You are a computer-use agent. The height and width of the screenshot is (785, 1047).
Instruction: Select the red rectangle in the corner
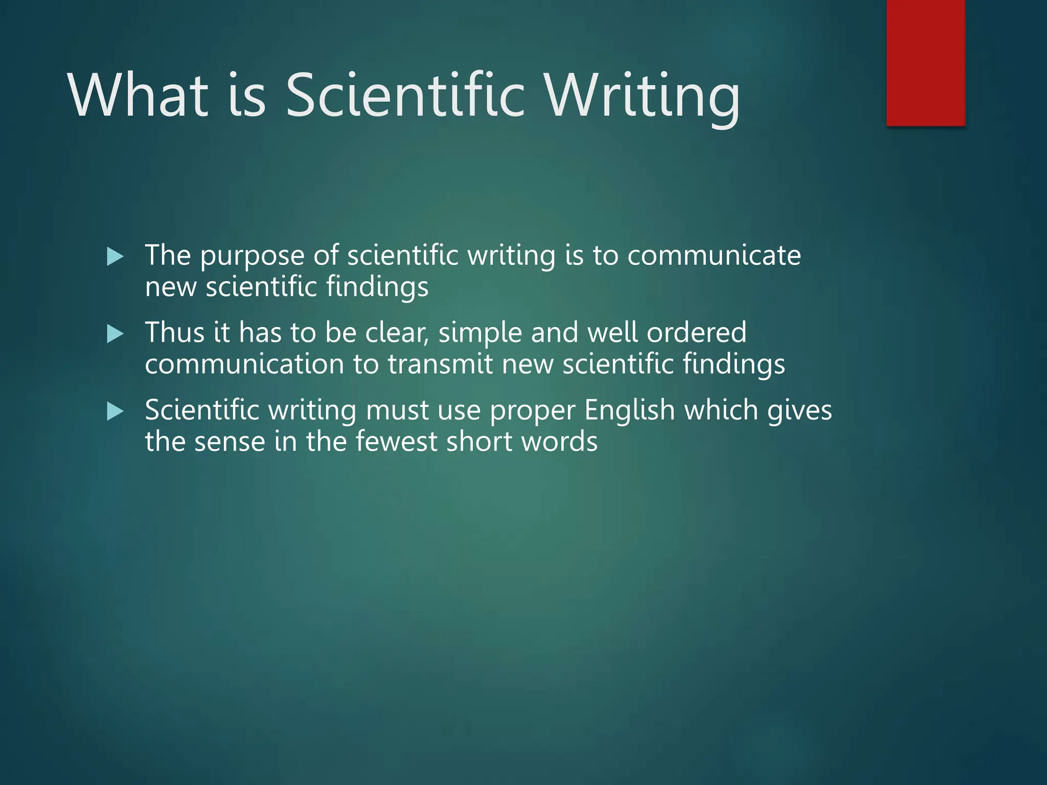pyautogui.click(x=925, y=62)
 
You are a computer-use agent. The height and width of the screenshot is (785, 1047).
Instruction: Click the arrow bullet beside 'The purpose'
pyautogui.click(x=115, y=257)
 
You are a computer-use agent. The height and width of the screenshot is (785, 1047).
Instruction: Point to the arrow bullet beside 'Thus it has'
pyautogui.click(x=115, y=334)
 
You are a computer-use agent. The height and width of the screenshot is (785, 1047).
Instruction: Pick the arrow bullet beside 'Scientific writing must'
pyautogui.click(x=115, y=411)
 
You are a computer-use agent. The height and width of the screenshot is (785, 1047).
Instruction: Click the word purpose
pyautogui.click(x=252, y=257)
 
